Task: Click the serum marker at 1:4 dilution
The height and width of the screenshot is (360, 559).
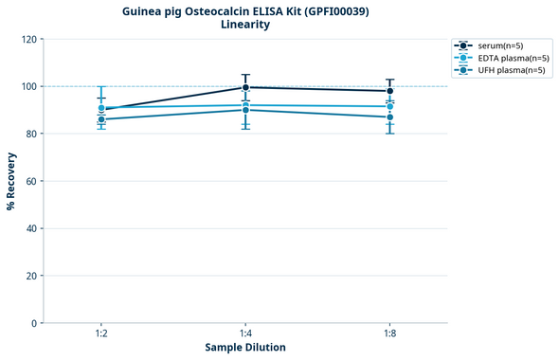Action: click(x=245, y=87)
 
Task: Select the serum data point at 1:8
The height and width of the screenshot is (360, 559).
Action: click(x=389, y=91)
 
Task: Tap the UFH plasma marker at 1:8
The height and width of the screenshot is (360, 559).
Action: click(x=389, y=117)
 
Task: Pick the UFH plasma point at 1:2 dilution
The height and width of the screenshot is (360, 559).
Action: click(x=101, y=119)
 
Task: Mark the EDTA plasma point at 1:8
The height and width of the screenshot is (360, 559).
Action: click(x=389, y=106)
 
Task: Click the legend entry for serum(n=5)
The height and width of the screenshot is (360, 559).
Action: click(x=499, y=45)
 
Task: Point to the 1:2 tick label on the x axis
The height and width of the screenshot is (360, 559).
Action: click(x=101, y=333)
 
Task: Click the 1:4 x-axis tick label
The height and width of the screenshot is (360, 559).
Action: click(x=245, y=333)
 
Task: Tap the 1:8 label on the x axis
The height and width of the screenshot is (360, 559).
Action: click(x=389, y=333)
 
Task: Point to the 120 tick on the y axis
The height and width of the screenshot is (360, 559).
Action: click(x=28, y=39)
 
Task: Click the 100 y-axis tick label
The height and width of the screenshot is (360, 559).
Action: click(x=28, y=86)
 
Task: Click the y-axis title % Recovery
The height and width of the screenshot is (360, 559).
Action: click(x=11, y=180)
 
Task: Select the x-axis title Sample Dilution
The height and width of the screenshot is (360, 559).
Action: click(x=245, y=348)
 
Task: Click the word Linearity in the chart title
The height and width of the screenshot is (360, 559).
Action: click(x=245, y=25)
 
